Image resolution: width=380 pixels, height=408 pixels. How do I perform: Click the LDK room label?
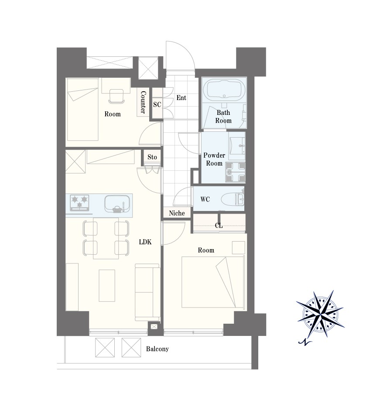[145, 242]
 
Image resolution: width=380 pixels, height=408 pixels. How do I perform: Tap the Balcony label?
[157, 349]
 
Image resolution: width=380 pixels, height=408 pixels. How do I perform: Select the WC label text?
[205, 199]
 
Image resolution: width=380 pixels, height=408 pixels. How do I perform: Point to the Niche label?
[177, 213]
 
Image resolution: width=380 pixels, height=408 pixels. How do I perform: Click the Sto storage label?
[152, 157]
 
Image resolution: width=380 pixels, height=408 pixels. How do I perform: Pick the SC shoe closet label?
[157, 104]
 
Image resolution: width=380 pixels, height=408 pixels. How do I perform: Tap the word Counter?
[143, 102]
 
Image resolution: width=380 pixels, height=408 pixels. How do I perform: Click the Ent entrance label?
[181, 97]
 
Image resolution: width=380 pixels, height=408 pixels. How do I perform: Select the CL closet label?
[219, 225]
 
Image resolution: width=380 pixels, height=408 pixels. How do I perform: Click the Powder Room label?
[214, 159]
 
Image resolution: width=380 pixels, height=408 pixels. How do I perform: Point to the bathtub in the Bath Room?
[224, 89]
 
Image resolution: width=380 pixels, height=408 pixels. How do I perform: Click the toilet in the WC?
[233, 199]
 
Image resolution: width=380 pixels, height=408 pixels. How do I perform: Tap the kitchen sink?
[117, 204]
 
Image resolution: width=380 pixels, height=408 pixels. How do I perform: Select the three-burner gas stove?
[79, 203]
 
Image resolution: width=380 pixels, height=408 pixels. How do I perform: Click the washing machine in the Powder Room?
[236, 172]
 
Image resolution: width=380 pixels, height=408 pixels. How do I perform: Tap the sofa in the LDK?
[147, 292]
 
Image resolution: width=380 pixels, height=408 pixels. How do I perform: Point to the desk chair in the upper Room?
[116, 96]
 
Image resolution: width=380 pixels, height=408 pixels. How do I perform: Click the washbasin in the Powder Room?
[237, 145]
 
